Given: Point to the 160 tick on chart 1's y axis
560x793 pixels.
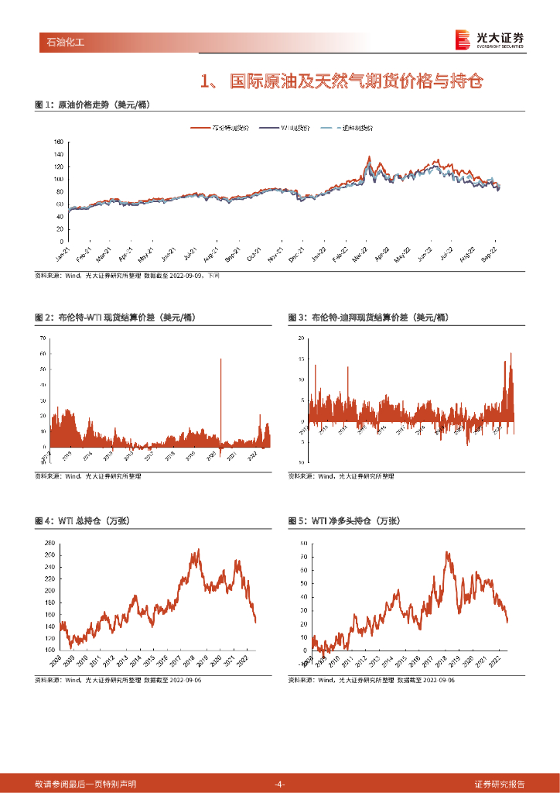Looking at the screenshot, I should (58, 142).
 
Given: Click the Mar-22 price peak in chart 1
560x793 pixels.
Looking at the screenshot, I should (369, 157).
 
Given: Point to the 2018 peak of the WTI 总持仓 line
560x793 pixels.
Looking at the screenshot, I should (198, 550).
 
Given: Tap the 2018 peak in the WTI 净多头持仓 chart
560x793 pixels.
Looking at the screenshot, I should (447, 552).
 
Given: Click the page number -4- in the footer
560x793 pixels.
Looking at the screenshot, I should (280, 784).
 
